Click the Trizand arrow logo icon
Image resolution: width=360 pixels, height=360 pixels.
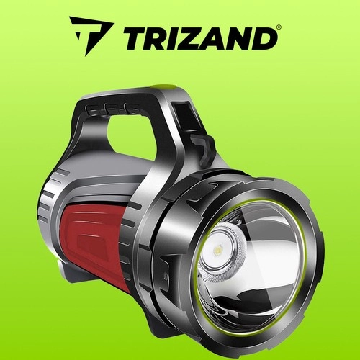pos(91,34)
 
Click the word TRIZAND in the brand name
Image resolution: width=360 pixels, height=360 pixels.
pos(199,38)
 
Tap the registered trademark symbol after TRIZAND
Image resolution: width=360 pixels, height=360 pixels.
pos(278,27)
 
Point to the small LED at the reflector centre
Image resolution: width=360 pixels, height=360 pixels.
pos(218,251)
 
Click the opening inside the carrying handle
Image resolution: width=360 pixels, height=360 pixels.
pos(132,139)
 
